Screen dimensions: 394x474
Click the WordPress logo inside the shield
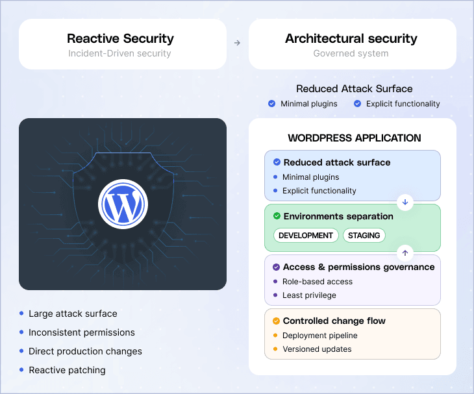click(x=123, y=203)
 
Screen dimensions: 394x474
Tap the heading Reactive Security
click(x=121, y=39)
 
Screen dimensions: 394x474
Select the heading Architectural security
click(x=351, y=39)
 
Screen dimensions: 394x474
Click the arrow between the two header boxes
click(x=237, y=43)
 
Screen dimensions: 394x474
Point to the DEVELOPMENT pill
click(x=306, y=236)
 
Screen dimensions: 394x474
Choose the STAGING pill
click(x=364, y=236)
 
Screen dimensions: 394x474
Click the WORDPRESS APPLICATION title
click(x=354, y=138)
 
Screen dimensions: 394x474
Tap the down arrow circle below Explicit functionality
click(x=405, y=203)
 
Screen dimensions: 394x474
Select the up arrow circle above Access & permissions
click(x=405, y=252)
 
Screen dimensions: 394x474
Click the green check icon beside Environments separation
click(x=277, y=216)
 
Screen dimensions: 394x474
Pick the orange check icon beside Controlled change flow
click(x=277, y=321)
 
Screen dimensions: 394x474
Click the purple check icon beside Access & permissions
click(x=277, y=267)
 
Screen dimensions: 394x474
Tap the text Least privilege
click(x=309, y=295)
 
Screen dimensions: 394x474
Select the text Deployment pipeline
click(x=319, y=336)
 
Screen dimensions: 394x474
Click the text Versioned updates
click(x=317, y=349)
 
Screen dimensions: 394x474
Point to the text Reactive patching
click(x=67, y=370)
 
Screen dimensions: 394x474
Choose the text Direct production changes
click(x=85, y=351)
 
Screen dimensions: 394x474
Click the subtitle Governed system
click(x=351, y=53)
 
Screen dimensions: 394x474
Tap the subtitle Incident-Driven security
click(x=119, y=53)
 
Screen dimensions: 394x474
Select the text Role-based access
click(x=318, y=282)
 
